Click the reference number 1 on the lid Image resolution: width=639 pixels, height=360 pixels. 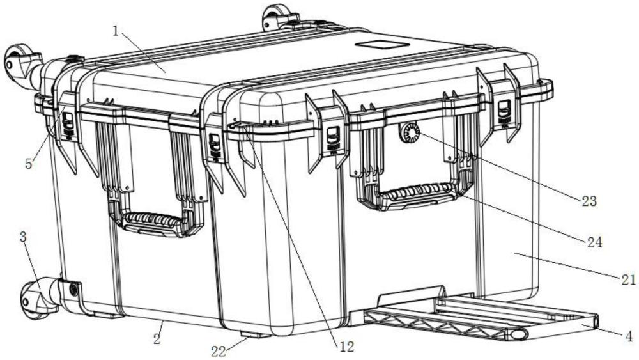[116, 31]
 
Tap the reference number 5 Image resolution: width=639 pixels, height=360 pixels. [29, 164]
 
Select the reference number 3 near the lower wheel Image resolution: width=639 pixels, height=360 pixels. [23, 237]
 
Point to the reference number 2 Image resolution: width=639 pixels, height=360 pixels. [157, 338]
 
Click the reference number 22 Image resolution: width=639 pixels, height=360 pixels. [219, 351]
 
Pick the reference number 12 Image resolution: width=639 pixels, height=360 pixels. [346, 347]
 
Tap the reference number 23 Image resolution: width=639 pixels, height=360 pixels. [589, 201]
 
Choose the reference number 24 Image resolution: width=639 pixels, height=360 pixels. [594, 242]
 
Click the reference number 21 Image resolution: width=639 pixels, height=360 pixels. [628, 279]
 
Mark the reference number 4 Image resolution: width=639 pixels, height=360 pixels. [629, 337]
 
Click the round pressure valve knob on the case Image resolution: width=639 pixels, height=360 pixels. [409, 132]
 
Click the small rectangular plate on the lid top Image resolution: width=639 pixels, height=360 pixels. [382, 44]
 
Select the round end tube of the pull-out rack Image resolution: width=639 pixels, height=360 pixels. [518, 334]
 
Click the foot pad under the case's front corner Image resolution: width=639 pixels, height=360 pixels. [255, 334]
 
